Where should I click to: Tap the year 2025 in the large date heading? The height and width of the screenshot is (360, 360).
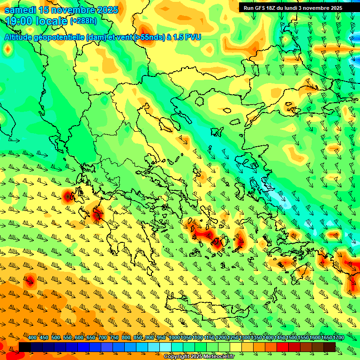[105, 10]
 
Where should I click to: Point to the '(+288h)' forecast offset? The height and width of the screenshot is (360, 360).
[83, 21]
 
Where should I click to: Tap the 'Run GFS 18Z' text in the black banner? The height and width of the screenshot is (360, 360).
[260, 8]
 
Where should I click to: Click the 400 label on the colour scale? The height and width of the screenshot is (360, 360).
[32, 338]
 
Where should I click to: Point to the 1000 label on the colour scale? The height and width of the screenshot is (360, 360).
[174, 338]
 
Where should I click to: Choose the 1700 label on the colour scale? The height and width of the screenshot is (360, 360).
[326, 338]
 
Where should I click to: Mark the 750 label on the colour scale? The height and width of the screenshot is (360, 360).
[114, 338]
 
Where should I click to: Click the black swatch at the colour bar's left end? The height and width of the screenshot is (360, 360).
[25, 347]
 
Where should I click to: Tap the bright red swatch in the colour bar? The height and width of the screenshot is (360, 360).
[283, 347]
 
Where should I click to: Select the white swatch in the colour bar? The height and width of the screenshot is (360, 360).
[165, 347]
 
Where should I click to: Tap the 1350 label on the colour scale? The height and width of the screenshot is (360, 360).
[256, 338]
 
